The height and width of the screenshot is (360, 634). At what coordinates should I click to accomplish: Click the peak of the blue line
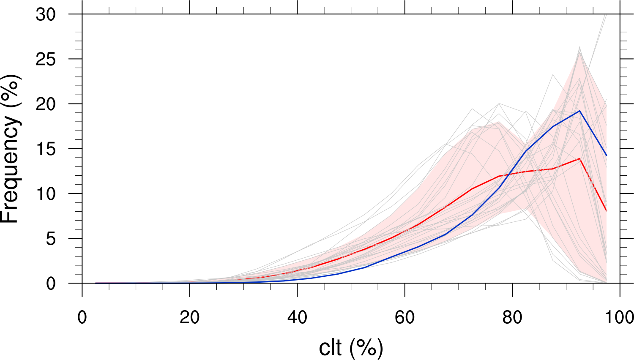point(579,111)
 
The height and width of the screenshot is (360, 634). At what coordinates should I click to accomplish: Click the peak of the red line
point(579,158)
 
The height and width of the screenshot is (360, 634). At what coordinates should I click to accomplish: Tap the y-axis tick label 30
point(45,15)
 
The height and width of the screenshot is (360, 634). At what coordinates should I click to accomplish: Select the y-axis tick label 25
point(45,60)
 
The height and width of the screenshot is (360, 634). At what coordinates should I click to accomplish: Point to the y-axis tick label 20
point(45,104)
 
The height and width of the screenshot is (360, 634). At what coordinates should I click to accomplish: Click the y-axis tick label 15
point(45,149)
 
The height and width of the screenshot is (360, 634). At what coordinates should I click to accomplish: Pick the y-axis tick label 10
point(45,194)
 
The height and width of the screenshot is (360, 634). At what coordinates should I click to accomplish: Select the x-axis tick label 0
point(82,317)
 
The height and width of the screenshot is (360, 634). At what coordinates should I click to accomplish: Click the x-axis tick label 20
point(189,317)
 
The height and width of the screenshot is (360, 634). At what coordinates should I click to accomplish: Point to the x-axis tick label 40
point(297,317)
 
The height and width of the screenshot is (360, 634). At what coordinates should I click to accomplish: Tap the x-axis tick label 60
point(404,317)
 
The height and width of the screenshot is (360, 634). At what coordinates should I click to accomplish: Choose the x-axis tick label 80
point(512,317)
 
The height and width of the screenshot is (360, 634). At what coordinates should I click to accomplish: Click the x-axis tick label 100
point(619,317)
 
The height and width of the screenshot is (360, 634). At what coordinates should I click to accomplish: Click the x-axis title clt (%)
point(351,348)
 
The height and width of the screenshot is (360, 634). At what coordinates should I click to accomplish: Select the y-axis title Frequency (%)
point(10,149)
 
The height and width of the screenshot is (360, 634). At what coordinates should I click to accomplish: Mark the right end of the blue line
point(607,155)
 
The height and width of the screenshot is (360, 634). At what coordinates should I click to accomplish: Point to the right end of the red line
point(607,210)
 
